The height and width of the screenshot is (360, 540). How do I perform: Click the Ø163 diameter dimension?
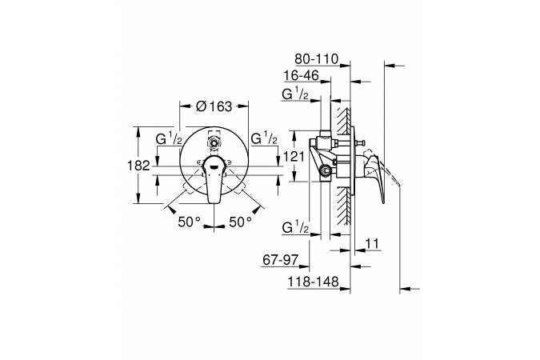pos(214,106)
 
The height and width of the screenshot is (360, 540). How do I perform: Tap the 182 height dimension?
pos(138,166)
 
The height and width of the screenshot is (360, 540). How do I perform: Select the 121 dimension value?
pos(294,157)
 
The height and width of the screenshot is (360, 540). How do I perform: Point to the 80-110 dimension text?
pos(317,59)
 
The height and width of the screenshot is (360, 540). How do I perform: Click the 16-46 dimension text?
pos(302,75)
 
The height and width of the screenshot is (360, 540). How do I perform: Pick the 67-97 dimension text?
pos(281,260)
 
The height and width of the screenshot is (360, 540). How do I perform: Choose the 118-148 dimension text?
pos(314,282)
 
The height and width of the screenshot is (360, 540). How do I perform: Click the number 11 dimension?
pos(372,244)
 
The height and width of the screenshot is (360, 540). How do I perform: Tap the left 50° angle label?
pos(189,222)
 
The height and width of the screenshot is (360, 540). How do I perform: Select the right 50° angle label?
pos(240,222)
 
